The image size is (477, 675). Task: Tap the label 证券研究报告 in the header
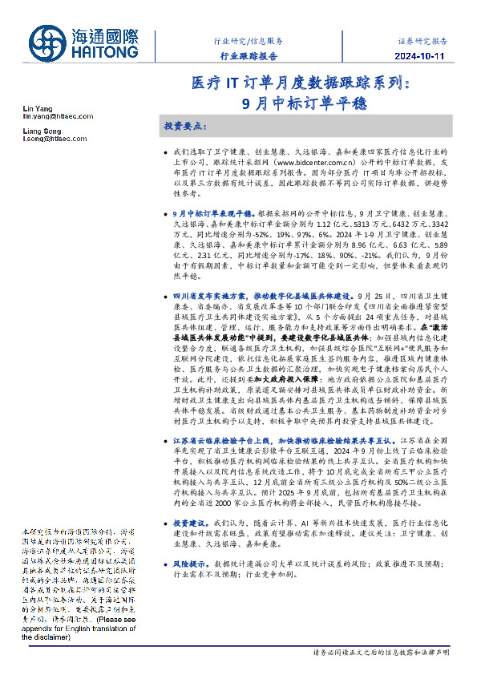pos(422,39)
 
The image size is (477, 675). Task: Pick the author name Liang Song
pos(41,130)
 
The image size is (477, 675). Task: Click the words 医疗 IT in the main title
pos(214,83)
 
